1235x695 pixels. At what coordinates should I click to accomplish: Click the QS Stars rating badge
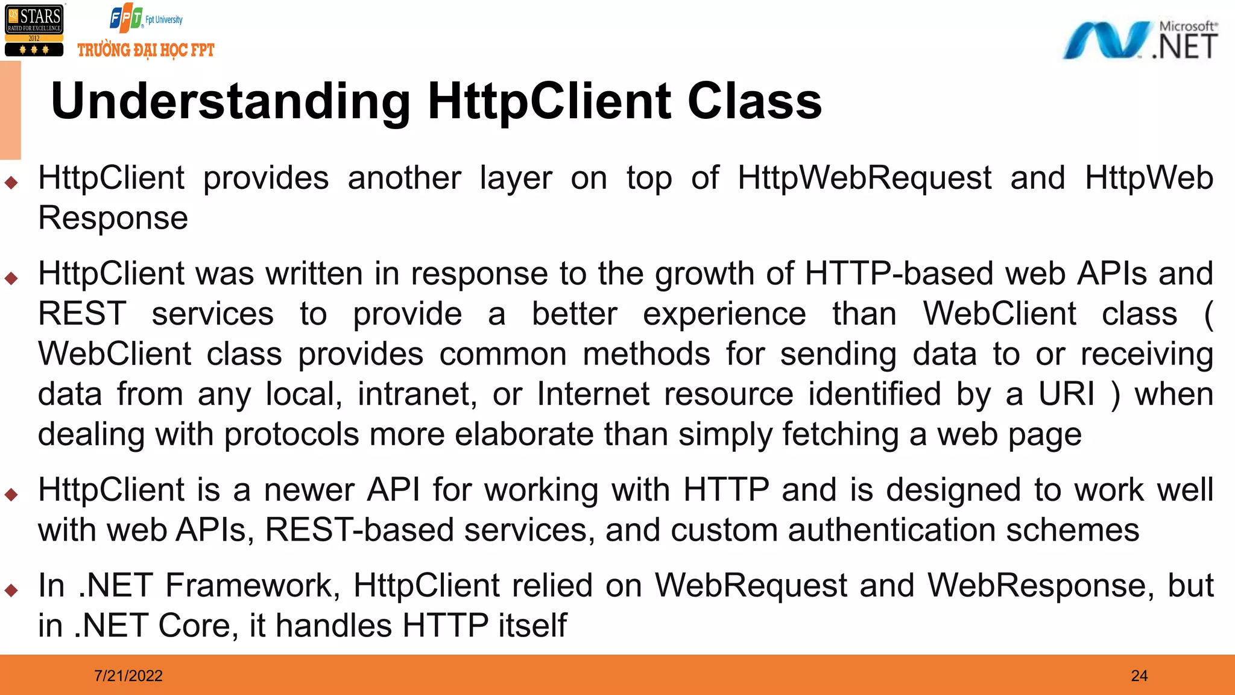tap(34, 31)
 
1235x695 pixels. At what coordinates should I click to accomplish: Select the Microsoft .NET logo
tap(1140, 40)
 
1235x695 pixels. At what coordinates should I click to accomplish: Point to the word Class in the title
tap(754, 101)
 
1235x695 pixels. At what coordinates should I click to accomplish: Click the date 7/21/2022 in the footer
tap(128, 676)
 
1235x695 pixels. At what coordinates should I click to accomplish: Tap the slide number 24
tap(1139, 676)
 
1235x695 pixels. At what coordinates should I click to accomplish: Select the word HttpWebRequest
tap(865, 178)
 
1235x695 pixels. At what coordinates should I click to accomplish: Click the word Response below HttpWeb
tap(113, 218)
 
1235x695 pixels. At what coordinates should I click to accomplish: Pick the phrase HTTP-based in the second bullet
tap(899, 273)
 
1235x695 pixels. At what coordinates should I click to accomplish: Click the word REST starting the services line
tap(83, 314)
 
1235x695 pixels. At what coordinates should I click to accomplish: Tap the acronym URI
tap(1066, 394)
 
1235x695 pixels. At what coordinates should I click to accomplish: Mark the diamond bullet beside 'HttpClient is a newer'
tap(11, 495)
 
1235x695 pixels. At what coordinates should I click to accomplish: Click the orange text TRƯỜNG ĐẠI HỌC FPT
tap(146, 50)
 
